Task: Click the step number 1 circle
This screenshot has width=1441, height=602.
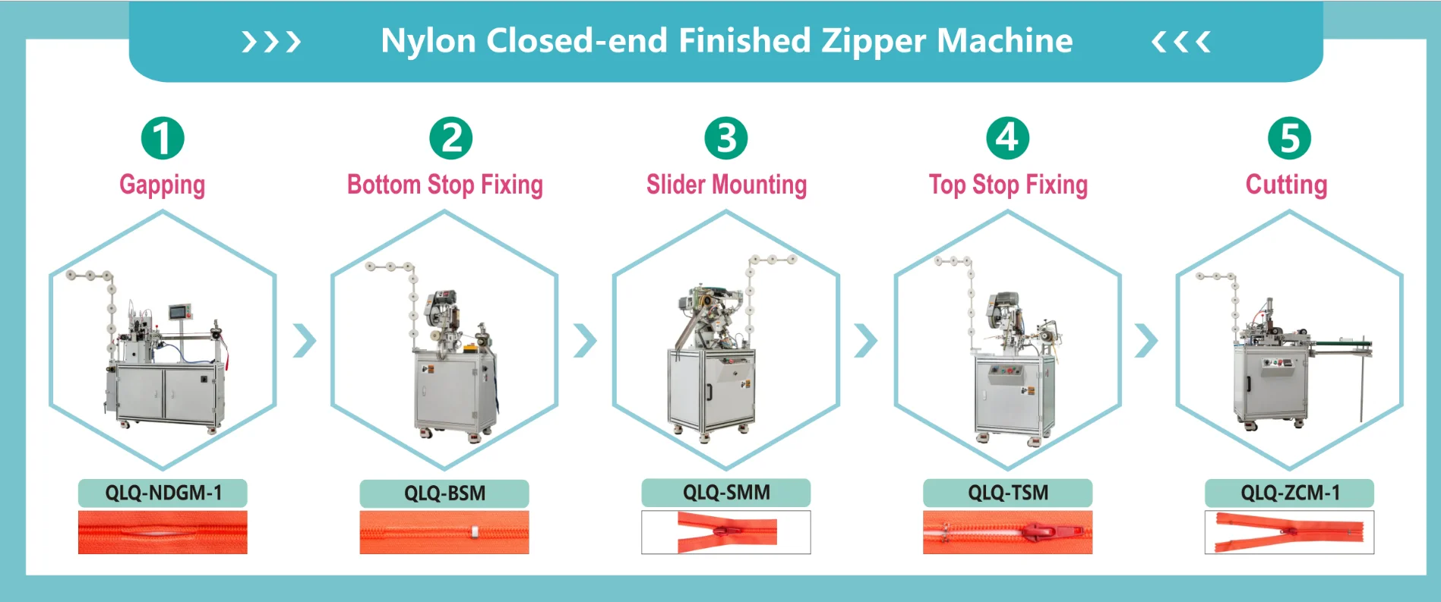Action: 163,138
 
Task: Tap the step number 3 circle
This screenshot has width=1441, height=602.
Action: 726,138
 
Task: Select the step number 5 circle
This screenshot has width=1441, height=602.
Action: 1290,138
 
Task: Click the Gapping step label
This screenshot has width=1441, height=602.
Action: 163,185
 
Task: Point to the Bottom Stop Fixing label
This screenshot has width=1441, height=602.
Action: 445,184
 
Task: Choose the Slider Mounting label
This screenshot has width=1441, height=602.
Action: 727,184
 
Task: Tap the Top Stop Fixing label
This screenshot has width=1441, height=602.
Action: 1009,184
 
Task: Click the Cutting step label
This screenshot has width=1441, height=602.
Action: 1287,184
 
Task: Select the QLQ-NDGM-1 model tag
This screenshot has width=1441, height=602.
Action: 163,493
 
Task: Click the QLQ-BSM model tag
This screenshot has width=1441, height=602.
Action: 444,493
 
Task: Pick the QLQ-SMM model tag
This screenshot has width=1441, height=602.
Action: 726,493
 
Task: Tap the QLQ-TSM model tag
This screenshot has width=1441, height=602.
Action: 1008,493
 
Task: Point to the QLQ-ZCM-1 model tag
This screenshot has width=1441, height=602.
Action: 1290,493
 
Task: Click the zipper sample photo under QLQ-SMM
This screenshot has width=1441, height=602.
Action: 726,532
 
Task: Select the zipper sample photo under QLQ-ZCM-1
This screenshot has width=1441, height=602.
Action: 1290,532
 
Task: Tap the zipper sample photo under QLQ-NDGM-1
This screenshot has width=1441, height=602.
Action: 163,532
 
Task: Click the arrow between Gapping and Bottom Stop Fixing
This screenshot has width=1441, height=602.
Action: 305,341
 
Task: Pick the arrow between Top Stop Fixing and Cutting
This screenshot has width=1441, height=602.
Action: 1146,341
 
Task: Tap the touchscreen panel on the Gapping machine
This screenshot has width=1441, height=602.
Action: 180,312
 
